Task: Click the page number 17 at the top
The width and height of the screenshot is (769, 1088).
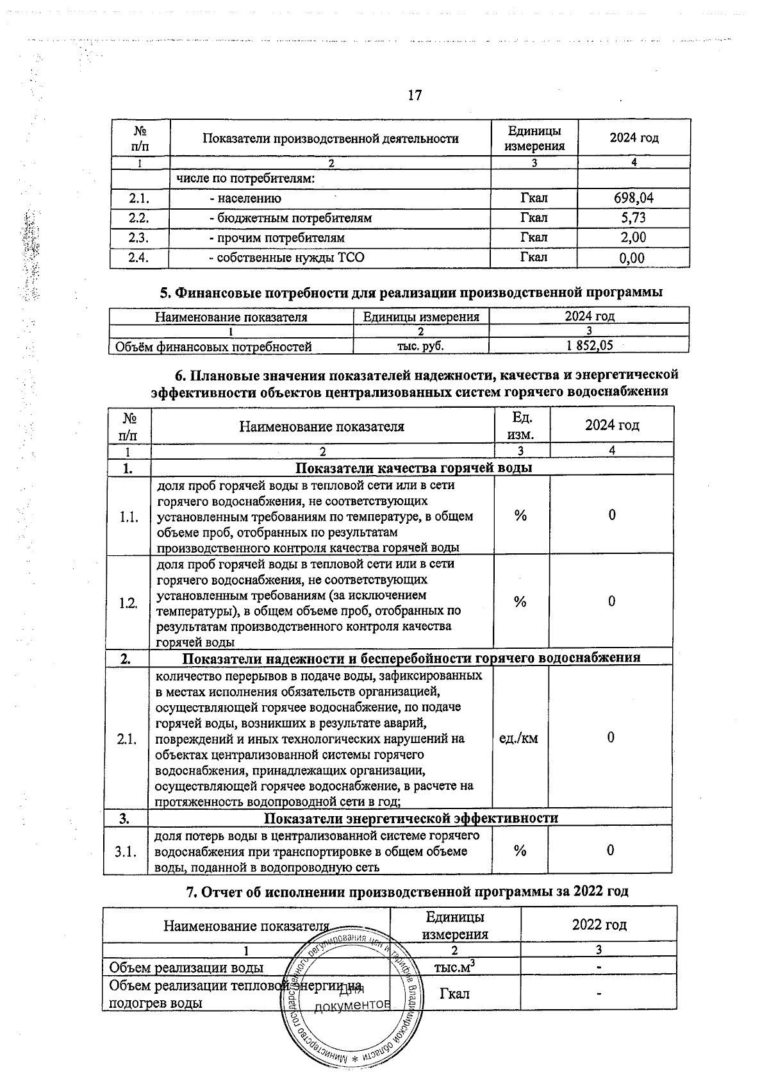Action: (415, 96)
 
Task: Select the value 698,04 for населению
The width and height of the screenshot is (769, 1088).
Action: (633, 198)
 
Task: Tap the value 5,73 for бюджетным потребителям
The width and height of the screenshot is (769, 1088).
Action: (633, 218)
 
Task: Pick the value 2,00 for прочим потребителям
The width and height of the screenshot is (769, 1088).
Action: (633, 238)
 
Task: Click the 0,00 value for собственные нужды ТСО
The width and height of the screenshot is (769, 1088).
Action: (633, 258)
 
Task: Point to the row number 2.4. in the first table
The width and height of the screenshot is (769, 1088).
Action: (139, 258)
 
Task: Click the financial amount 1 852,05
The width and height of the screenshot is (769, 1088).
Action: (589, 346)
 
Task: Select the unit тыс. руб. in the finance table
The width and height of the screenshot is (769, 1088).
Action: (421, 346)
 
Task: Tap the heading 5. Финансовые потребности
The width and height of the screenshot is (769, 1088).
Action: (410, 292)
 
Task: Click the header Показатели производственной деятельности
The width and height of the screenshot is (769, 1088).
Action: (331, 138)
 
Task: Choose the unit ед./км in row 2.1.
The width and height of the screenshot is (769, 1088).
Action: (519, 739)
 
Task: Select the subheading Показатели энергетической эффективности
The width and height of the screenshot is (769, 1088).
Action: (411, 818)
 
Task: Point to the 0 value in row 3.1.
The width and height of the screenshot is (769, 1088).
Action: (611, 851)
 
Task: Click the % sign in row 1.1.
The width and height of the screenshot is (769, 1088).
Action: (520, 515)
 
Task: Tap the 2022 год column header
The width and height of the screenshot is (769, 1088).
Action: (599, 925)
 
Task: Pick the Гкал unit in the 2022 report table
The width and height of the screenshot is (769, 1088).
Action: (454, 994)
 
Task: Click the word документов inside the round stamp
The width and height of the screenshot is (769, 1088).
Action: (353, 1005)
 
